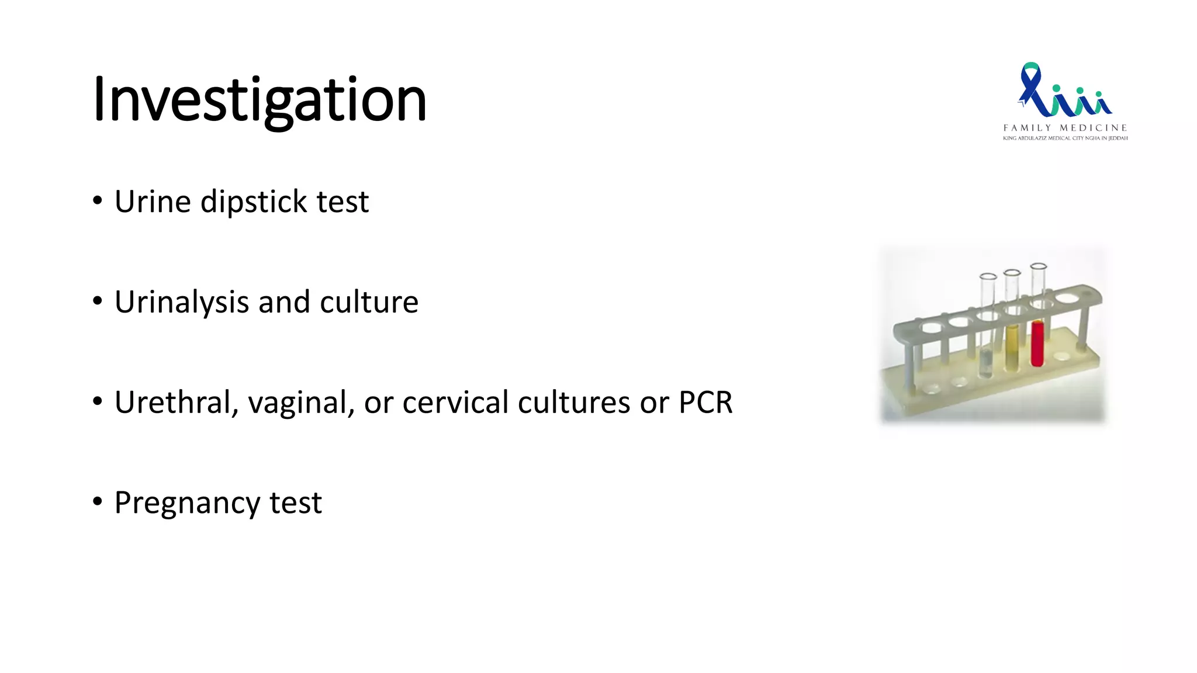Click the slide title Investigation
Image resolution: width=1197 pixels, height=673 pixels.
(260, 100)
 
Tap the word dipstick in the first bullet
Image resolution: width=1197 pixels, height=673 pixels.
(254, 202)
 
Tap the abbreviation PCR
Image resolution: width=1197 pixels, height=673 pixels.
(705, 403)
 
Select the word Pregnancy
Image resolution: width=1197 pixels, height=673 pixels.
(187, 504)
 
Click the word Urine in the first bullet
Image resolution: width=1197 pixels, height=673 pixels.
(153, 202)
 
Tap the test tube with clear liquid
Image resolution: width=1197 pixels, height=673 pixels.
(986, 351)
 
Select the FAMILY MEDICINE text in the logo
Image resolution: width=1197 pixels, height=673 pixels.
(1065, 128)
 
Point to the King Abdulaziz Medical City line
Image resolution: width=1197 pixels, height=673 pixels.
(1065, 138)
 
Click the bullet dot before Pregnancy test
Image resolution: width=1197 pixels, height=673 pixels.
(98, 502)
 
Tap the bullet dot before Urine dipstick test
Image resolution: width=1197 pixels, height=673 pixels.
(98, 201)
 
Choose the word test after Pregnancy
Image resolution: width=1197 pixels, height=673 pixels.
(295, 504)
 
